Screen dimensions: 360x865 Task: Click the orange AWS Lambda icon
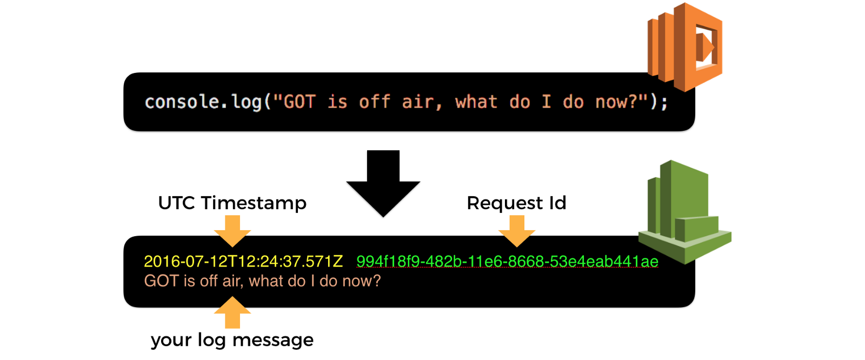click(686, 47)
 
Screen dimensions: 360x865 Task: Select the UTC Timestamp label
click(232, 203)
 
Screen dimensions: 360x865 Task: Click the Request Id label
click(516, 203)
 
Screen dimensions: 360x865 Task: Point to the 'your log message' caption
click(232, 340)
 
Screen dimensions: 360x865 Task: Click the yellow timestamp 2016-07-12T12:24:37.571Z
click(243, 262)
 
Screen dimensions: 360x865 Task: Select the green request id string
click(507, 262)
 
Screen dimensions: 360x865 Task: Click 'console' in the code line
click(182, 102)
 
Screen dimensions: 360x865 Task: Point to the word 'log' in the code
click(247, 102)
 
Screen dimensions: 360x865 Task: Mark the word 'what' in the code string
click(476, 102)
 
